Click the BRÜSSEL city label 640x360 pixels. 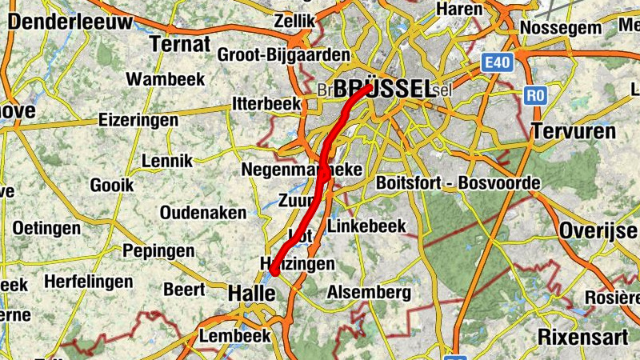[384, 88]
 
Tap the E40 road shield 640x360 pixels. [497, 62]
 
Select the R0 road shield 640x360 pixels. [535, 96]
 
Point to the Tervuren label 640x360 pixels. [575, 131]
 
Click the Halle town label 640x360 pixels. [252, 294]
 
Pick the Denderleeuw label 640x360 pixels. [70, 22]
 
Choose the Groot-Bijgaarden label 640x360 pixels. [284, 55]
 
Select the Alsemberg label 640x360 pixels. [369, 293]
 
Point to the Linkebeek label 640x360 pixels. [367, 226]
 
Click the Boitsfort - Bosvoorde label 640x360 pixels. [458, 183]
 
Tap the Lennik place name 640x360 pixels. [166, 161]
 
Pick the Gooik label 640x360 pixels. [111, 185]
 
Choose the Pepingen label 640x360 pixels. [158, 251]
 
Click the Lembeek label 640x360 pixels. [235, 336]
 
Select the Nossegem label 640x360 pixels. [561, 28]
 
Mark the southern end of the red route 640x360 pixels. [274, 272]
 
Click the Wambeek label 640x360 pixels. [166, 79]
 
